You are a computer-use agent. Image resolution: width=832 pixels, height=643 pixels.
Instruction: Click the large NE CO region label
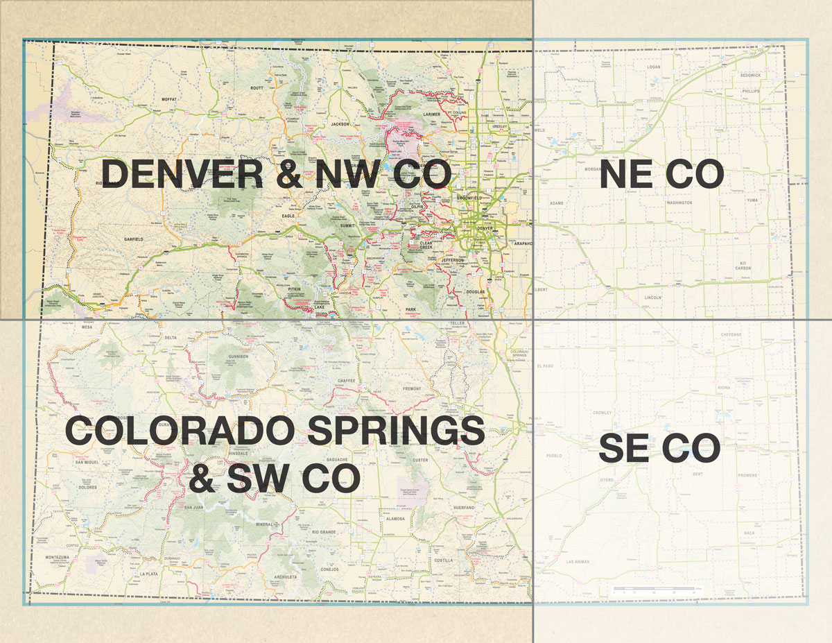tap(661, 173)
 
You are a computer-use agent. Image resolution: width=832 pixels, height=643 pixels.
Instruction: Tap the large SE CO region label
tap(659, 449)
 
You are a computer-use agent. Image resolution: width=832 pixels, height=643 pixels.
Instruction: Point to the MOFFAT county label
tap(169, 100)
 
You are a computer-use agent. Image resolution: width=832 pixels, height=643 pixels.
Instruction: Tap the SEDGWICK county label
tap(750, 74)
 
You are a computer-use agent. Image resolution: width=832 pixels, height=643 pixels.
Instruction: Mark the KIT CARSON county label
tap(744, 266)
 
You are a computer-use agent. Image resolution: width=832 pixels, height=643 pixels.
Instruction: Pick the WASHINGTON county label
tap(679, 203)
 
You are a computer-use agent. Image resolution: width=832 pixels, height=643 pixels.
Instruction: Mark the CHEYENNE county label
tap(731, 334)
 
